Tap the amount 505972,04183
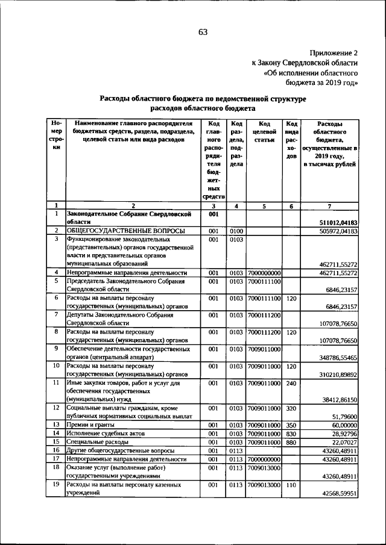[x=334, y=231]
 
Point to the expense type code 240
[x=291, y=382]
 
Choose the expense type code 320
[x=291, y=408]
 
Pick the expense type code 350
[x=291, y=425]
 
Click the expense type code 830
[x=291, y=433]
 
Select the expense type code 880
[x=291, y=441]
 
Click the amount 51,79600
[x=344, y=416]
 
